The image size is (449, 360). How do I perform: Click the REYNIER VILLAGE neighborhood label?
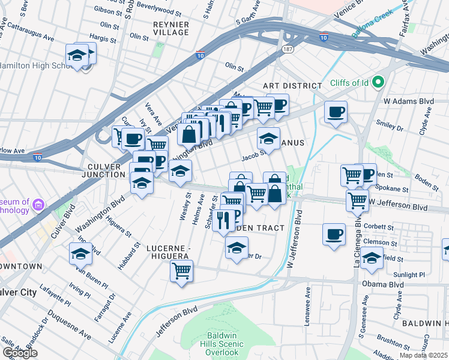click(171, 28)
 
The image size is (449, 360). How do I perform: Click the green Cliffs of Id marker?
click(378, 82)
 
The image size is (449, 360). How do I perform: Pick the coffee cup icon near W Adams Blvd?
click(336, 112)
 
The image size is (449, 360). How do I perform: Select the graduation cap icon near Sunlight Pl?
click(372, 257)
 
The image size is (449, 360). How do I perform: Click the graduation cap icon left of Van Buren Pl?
click(80, 254)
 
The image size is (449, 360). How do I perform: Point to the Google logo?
click(20, 353)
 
